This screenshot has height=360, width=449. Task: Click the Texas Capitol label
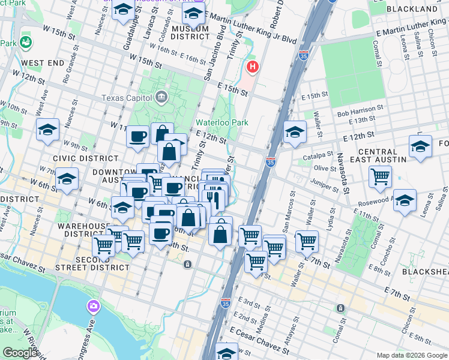tap(128, 98)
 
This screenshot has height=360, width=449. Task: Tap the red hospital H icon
tap(253, 67)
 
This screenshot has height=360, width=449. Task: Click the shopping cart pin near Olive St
tap(381, 176)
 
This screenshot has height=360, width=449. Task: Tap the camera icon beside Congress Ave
tap(93, 307)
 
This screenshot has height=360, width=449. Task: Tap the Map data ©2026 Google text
tap(411, 355)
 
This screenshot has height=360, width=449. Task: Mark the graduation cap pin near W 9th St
tap(47, 130)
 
